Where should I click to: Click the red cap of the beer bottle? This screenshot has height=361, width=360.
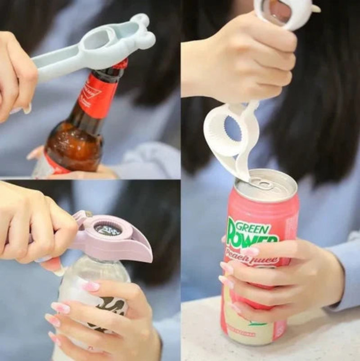tap(121, 63)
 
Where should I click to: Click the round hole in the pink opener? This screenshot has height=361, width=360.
tap(108, 230)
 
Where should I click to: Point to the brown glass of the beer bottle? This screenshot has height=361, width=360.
tap(74, 144)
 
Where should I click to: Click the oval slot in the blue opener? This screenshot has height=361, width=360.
tap(95, 40)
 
